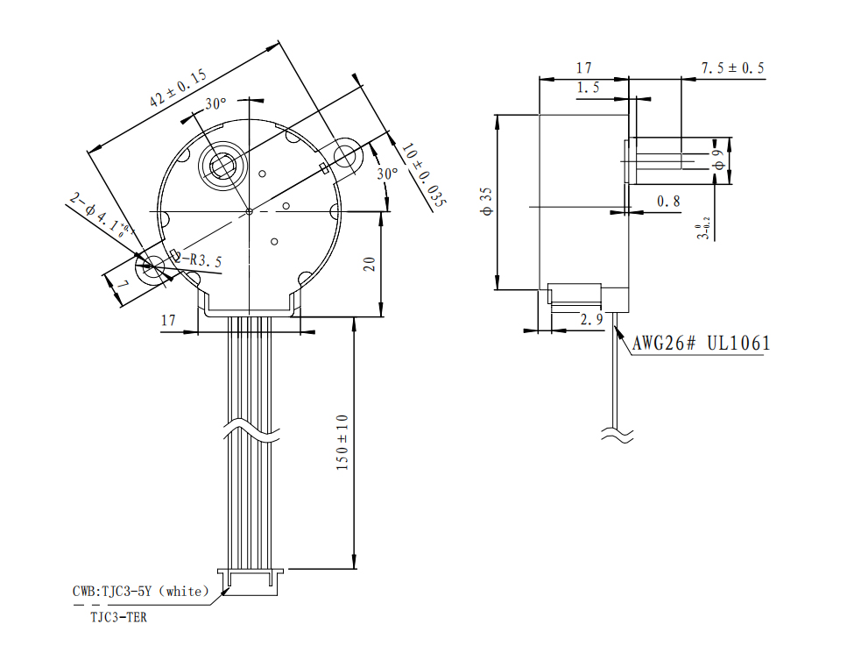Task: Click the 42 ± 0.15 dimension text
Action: (x=179, y=89)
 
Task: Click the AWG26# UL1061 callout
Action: (x=702, y=343)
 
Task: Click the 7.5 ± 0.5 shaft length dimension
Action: (x=732, y=68)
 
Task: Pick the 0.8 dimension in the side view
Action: (x=668, y=202)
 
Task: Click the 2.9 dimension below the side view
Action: (x=592, y=320)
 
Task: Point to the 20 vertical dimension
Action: (x=370, y=264)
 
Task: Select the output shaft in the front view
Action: (x=218, y=163)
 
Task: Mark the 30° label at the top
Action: (x=216, y=104)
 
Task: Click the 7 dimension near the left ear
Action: (x=123, y=287)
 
